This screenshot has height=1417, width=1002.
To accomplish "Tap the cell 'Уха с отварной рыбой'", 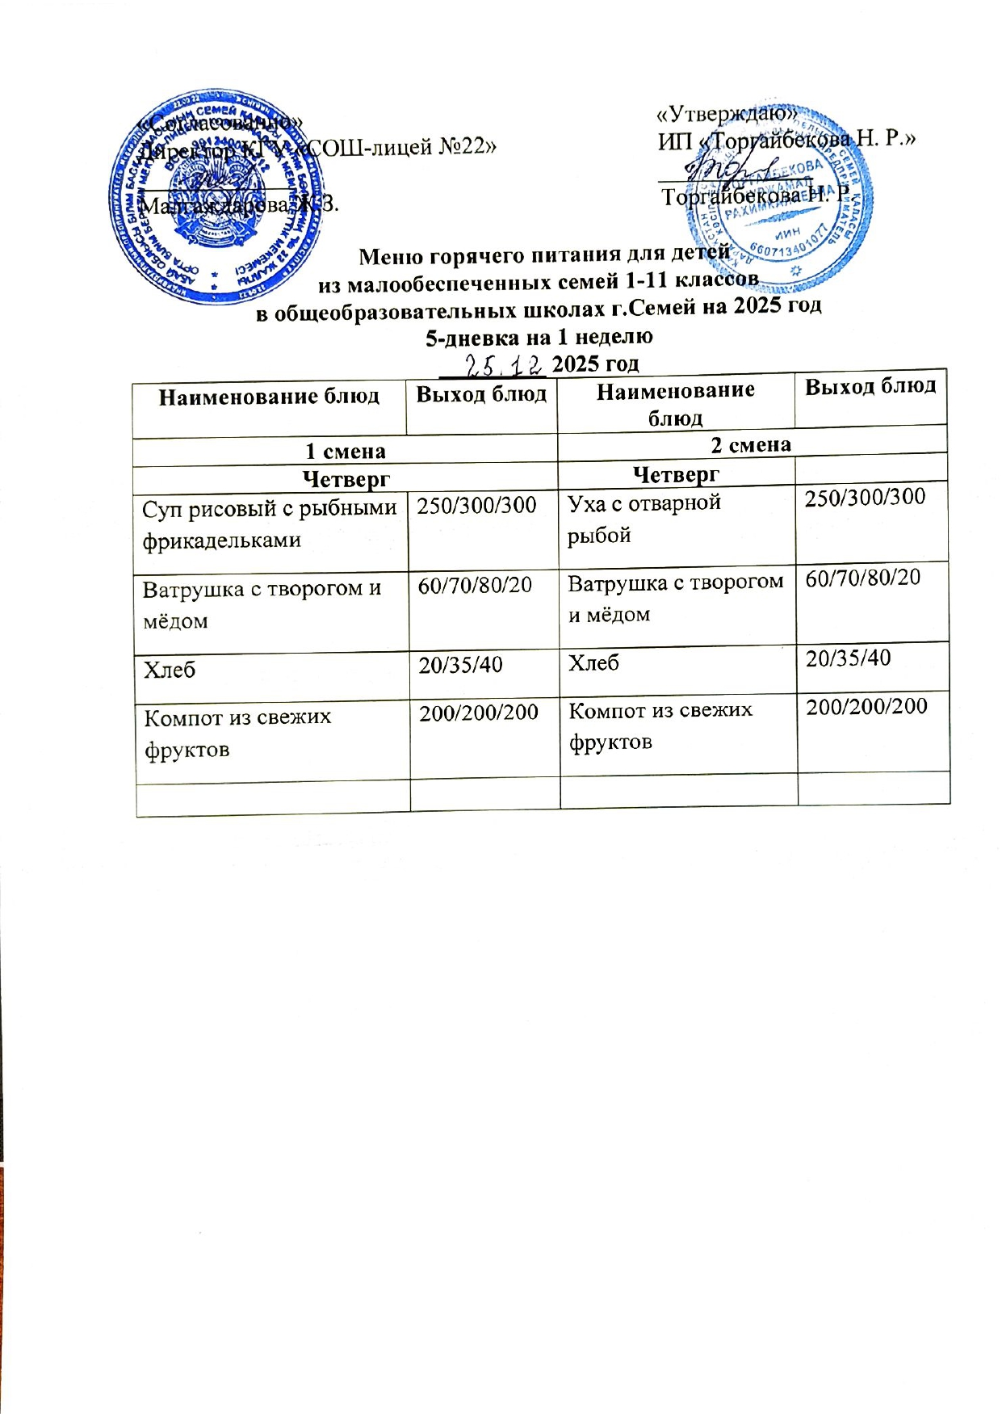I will tap(644, 519).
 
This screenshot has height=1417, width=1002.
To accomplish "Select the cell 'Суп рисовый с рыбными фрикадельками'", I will tap(270, 524).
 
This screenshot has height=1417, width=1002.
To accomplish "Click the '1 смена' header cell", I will tap(346, 452).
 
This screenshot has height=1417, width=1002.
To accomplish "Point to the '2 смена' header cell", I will tap(751, 444).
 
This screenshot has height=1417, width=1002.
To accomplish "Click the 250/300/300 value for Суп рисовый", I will tap(476, 506).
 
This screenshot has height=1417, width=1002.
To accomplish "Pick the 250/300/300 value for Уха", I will tap(865, 497).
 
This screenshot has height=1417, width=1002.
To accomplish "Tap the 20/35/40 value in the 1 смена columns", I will tap(460, 665).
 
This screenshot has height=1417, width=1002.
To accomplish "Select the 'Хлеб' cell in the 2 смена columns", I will tap(593, 663).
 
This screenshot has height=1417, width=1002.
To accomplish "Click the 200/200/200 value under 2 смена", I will tap(866, 706).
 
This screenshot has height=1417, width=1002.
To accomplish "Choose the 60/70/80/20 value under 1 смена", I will tap(475, 585).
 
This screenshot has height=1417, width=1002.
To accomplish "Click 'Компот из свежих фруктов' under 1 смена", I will tap(237, 733).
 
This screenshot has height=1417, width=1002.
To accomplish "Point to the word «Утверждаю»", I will tap(727, 114).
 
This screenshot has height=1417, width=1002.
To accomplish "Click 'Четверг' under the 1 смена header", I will tap(346, 479).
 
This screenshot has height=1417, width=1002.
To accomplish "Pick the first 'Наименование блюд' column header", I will tap(269, 397).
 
